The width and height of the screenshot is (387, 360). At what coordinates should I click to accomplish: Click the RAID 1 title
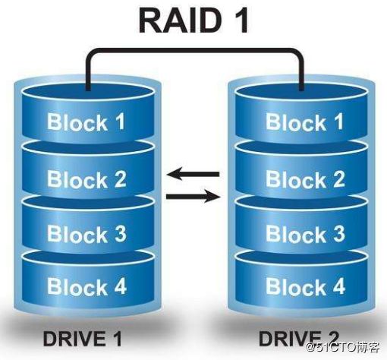[193, 21]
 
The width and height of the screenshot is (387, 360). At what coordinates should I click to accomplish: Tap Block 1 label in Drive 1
[86, 122]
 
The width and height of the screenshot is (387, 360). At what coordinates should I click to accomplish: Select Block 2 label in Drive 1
[87, 178]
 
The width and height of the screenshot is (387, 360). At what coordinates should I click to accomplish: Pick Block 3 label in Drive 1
[87, 233]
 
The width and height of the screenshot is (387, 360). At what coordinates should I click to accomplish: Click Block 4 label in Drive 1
[87, 286]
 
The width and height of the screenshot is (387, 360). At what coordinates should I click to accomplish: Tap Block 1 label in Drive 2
[304, 122]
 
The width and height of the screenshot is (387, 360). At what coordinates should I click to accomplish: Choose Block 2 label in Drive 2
[305, 178]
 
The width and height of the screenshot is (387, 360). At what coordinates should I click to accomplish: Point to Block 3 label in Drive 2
[305, 233]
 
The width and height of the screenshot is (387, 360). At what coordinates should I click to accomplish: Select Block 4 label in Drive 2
[305, 286]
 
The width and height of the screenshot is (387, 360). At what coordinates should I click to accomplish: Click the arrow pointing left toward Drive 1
[193, 174]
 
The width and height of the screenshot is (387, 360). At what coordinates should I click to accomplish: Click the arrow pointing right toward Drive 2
[193, 197]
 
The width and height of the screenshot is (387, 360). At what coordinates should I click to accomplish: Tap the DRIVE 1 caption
[83, 339]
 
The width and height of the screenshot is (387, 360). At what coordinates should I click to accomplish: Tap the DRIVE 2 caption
[299, 339]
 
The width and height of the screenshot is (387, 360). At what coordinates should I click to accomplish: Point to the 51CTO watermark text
[343, 347]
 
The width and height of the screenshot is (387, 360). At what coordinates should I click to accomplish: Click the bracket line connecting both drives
[194, 50]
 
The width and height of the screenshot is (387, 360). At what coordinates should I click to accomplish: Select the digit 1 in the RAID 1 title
[241, 21]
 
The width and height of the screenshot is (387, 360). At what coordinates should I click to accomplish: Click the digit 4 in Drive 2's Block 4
[338, 286]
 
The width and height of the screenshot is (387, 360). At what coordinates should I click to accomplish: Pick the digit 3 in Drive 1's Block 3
[120, 233]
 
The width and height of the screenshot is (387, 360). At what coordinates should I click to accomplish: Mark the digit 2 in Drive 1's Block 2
[120, 178]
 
